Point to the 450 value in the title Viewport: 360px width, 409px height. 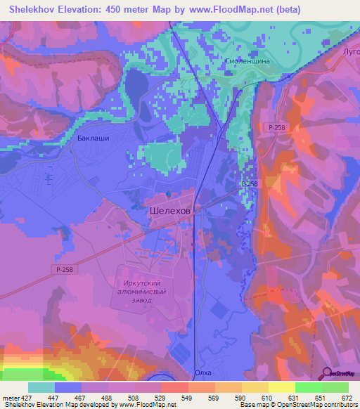(x=109, y=10)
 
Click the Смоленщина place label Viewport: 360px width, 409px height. (x=247, y=61)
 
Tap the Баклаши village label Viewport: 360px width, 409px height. (x=92, y=139)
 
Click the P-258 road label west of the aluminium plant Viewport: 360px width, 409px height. (x=61, y=269)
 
